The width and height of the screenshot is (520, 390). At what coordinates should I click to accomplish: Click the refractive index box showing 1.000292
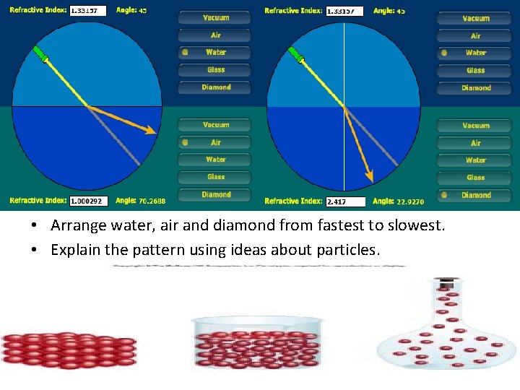[x=88, y=201]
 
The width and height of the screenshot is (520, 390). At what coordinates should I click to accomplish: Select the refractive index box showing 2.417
[x=345, y=201]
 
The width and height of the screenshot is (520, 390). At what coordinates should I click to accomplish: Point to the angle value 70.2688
[x=152, y=201]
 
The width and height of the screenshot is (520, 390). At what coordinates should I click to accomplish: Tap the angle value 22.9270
[x=410, y=201]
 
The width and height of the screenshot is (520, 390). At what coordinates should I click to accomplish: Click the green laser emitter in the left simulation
[x=40, y=54]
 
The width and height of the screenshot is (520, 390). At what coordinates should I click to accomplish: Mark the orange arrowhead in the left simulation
[x=150, y=131]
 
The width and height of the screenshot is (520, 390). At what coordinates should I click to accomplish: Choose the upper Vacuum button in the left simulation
[x=216, y=17]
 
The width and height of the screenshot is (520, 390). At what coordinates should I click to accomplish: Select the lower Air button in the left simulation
[x=216, y=142]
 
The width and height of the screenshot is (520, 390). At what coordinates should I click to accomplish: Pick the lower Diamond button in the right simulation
[x=476, y=195]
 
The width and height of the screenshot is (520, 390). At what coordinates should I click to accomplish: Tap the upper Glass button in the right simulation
[x=476, y=70]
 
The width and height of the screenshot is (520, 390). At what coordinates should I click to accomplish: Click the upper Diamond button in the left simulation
[x=216, y=87]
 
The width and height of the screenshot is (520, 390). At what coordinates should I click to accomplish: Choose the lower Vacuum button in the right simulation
[x=476, y=126]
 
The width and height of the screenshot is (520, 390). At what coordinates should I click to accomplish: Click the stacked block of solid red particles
[x=69, y=348]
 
